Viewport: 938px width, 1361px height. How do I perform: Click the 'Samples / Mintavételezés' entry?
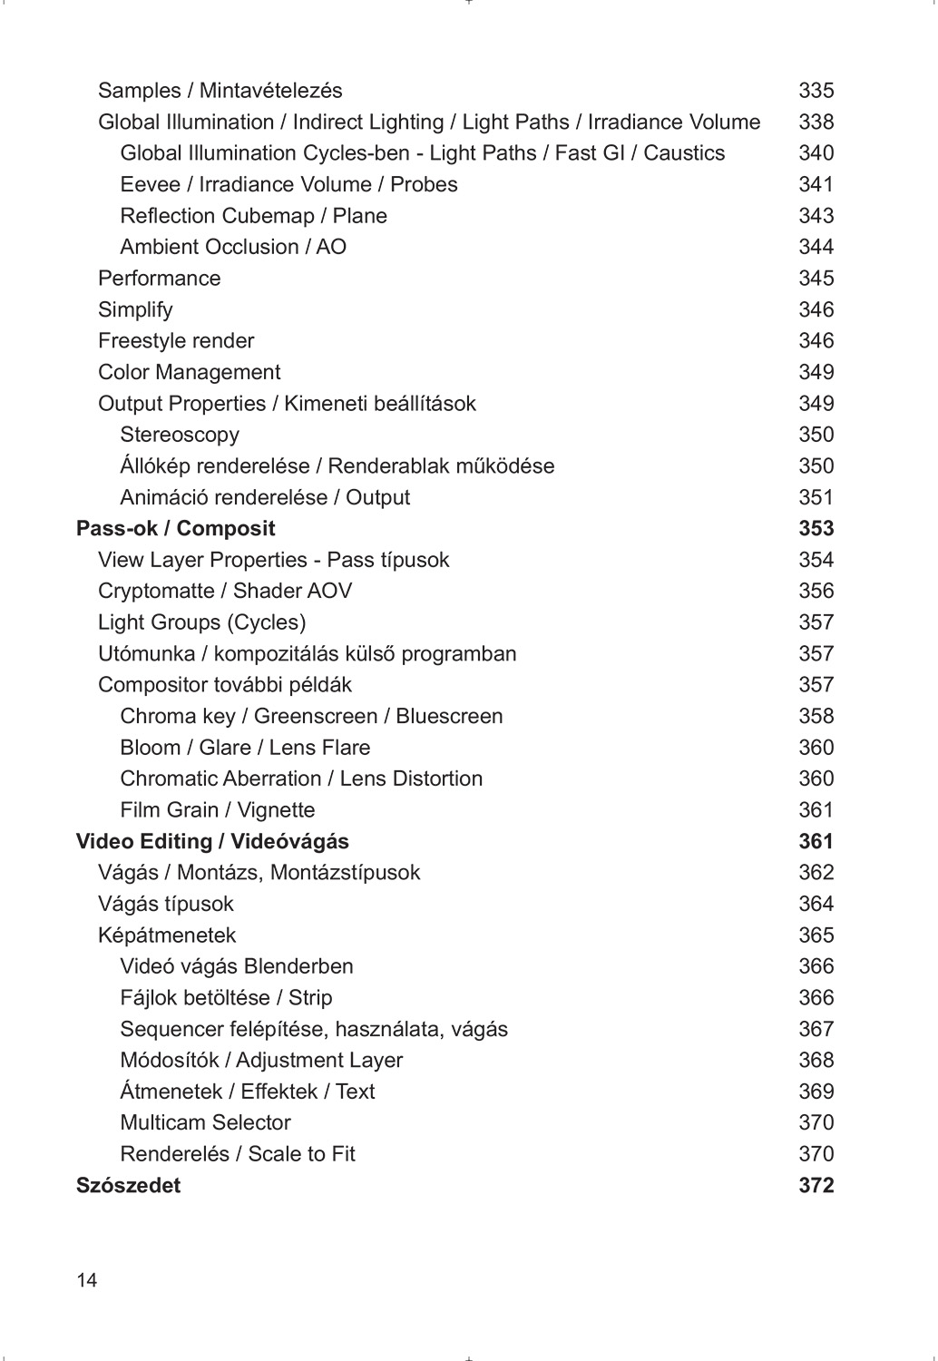220,91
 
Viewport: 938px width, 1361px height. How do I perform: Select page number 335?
816,91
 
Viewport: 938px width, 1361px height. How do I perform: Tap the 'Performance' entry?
159,279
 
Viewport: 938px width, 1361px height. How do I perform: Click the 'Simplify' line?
135,309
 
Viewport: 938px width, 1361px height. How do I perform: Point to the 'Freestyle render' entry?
176,341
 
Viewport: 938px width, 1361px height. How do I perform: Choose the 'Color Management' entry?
189,372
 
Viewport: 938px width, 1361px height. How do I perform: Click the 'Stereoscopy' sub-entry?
180,435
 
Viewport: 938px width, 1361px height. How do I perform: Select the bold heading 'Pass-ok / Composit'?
175,529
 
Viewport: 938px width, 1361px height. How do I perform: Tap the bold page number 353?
816,529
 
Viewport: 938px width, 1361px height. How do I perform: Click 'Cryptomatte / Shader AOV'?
224,591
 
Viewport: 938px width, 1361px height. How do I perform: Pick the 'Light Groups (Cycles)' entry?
201,622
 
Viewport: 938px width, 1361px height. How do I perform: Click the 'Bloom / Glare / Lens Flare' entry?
245,748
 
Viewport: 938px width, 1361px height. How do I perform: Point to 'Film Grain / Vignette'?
218,810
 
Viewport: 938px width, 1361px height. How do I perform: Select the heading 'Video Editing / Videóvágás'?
212,842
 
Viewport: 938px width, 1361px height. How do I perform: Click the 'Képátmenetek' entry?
167,935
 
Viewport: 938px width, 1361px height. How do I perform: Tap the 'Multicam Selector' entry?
205,1123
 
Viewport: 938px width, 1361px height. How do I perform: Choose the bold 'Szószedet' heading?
128,1186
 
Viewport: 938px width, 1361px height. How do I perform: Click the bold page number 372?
816,1186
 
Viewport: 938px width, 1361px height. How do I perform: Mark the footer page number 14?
87,1280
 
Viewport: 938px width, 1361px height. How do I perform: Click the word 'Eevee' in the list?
150,185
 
